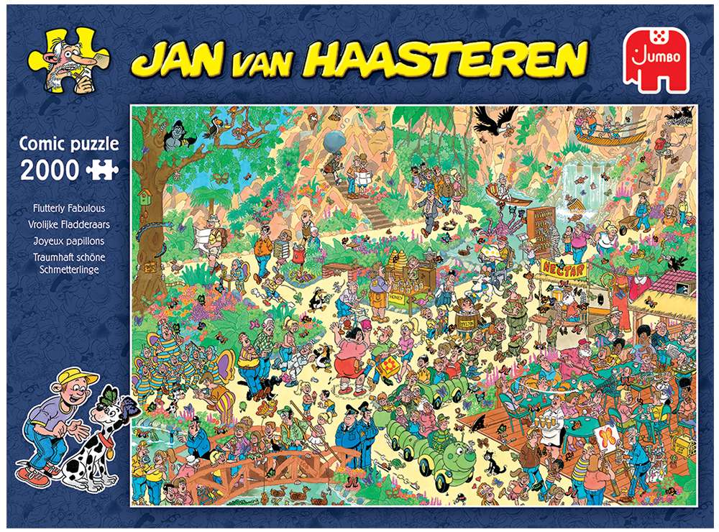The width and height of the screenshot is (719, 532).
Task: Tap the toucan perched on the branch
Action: click(x=234, y=129)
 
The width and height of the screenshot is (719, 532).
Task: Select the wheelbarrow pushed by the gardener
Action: click(x=630, y=216)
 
